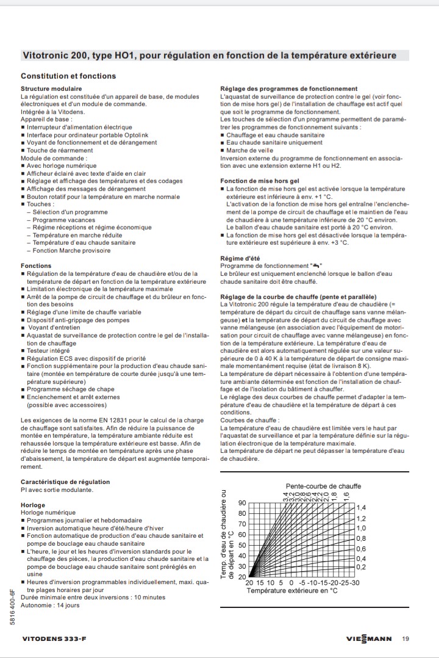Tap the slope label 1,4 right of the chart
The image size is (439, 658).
coord(361,508)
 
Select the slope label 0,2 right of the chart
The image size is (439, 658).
coord(361,567)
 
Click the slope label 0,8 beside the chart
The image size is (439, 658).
coord(361,538)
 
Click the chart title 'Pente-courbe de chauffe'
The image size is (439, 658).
coord(323,486)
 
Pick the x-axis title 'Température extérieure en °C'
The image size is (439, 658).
coord(292,590)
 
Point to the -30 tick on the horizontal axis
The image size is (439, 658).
coord(354,582)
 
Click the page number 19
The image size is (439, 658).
coord(406,639)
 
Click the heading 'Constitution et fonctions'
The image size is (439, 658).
coord(68,76)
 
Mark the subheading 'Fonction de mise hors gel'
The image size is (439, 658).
coord(259,181)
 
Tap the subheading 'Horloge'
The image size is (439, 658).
coord(33,505)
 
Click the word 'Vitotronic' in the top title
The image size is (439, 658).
coord(46,56)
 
